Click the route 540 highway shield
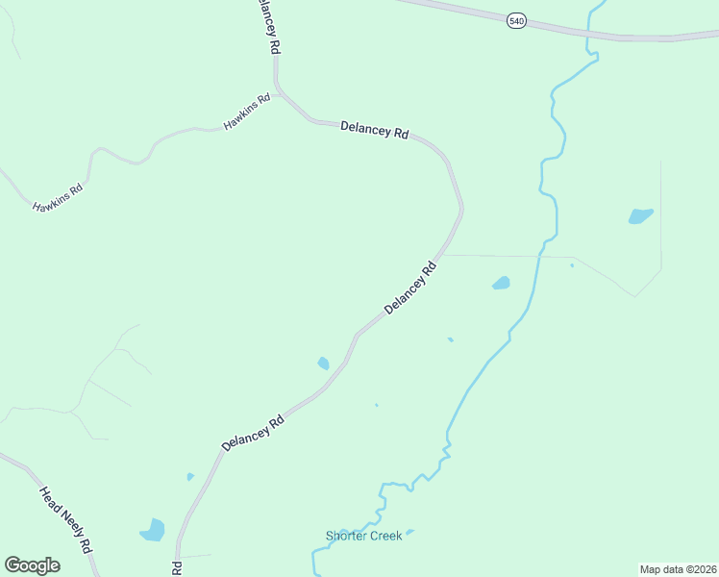pos(517,20)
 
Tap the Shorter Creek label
pos(363,536)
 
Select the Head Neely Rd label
pos(64,518)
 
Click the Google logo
pos(32,564)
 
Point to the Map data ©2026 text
pos(678,568)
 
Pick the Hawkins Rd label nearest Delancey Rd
pos(248,113)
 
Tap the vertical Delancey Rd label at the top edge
pos(268,27)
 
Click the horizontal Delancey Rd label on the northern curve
pos(375,130)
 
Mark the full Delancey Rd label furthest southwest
pos(253,433)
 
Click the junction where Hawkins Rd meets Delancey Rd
pos(277,92)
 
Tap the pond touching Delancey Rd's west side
pos(324,364)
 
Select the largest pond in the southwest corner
pos(153,529)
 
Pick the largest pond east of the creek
pos(640,215)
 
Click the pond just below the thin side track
pos(501,283)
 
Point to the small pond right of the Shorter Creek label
pos(410,531)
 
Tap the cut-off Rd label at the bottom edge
pos(177,568)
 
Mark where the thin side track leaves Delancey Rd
pos(440,256)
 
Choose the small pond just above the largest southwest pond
pos(190,476)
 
